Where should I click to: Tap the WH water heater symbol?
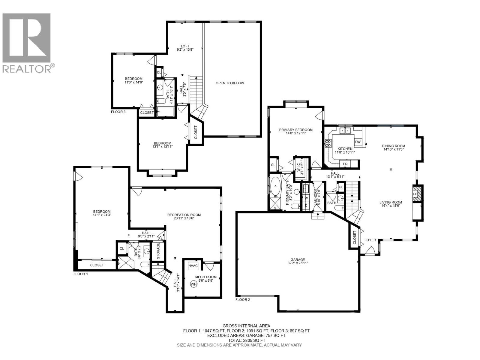click(x=193, y=284)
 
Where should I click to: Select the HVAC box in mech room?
click(x=193, y=265)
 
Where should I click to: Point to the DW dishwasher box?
click(x=358, y=142)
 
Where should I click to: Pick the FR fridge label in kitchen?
click(x=345, y=164)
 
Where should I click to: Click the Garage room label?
click(x=297, y=260)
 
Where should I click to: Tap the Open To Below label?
click(x=230, y=83)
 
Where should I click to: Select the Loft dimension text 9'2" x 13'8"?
click(x=185, y=50)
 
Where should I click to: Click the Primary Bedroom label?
click(x=295, y=130)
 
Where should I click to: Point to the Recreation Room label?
click(x=184, y=215)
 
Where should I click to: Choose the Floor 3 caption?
click(x=118, y=112)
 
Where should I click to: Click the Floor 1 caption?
click(x=81, y=274)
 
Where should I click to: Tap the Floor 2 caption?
click(x=242, y=299)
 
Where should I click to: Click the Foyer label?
click(x=370, y=240)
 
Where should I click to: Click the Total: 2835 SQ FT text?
click(x=246, y=340)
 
